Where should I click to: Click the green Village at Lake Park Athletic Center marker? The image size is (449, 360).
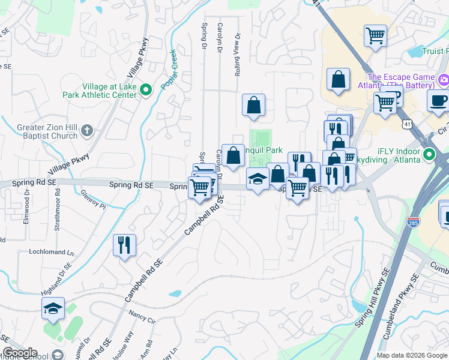145,91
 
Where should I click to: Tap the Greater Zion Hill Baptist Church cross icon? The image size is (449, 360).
87,131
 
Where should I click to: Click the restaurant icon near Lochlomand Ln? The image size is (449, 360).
124,245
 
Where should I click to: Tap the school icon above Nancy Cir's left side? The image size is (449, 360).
53,309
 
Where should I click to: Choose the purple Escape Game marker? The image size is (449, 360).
443,79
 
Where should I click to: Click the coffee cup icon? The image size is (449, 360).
438,100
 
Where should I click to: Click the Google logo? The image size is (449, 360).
20,353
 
